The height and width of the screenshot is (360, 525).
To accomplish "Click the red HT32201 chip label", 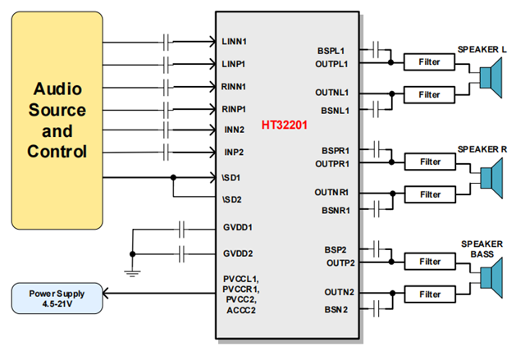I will click(x=285, y=125).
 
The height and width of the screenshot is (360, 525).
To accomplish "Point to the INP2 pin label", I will click(x=233, y=153).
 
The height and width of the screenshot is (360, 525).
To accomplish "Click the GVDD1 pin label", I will click(x=237, y=227).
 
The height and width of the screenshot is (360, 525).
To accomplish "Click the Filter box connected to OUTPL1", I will click(x=428, y=62).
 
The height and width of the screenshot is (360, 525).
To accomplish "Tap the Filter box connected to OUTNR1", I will click(x=428, y=194).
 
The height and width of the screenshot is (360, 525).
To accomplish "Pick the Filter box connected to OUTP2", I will click(x=428, y=262).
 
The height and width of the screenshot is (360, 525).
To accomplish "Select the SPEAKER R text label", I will click(x=482, y=148).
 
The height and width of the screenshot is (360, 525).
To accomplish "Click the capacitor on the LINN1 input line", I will click(x=168, y=40).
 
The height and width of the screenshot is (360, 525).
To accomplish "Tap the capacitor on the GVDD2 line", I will click(x=184, y=253).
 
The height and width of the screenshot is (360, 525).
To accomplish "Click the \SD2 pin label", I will click(x=232, y=198).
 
